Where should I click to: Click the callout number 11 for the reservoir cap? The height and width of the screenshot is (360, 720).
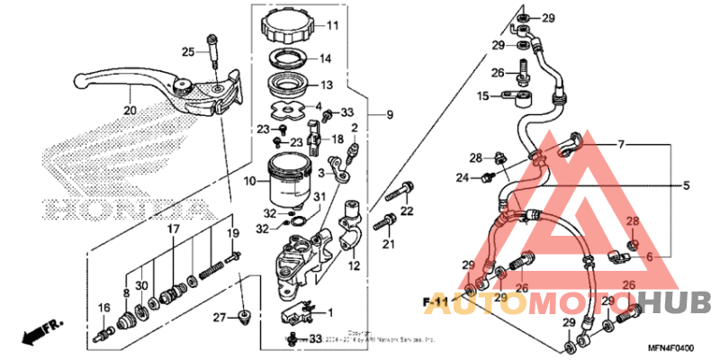[x=306, y=25]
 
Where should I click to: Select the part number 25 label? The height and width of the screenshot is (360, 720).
[x=187, y=51]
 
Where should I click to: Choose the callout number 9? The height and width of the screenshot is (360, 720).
[x=390, y=115]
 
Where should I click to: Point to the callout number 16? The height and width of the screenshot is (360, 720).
[x=104, y=308]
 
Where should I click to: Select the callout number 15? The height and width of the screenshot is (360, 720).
[x=482, y=95]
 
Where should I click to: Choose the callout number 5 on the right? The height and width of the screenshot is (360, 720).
[x=685, y=186]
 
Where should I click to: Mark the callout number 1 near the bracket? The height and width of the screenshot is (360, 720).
[x=329, y=312]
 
